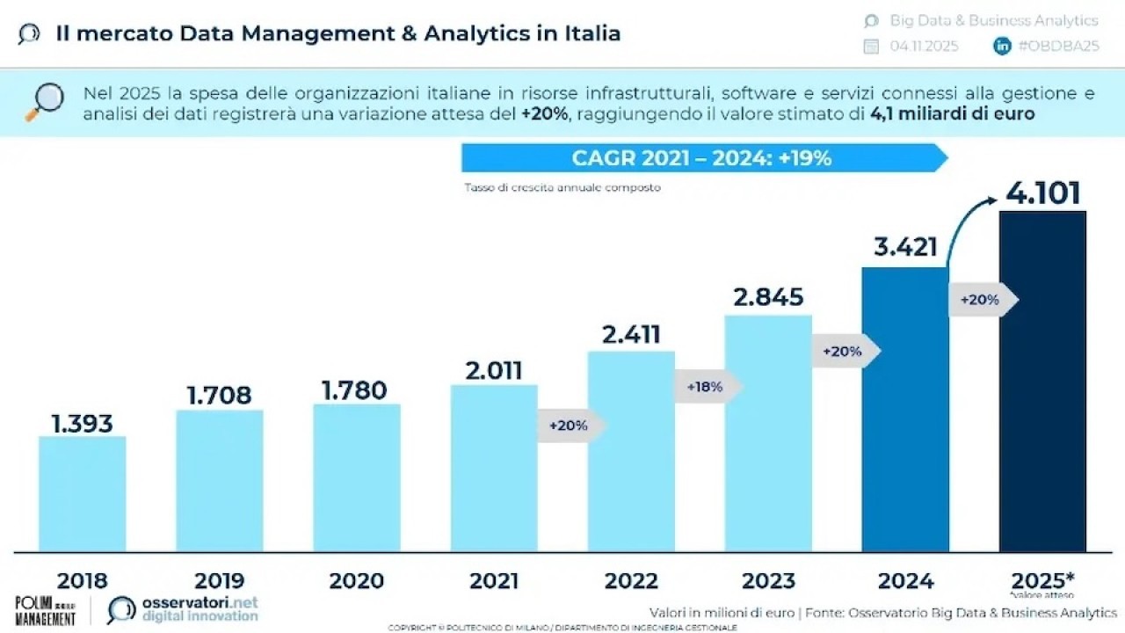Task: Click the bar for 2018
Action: coord(83,493)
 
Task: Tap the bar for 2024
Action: coord(905,409)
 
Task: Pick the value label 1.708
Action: coord(219,395)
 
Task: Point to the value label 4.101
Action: coord(1042,193)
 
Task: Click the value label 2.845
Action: coord(768,297)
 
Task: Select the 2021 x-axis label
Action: coord(494,580)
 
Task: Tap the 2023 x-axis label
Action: coord(768,580)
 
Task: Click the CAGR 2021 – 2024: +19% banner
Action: coord(703,158)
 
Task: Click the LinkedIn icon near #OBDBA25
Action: coord(1002,47)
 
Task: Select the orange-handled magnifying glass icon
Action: coord(44,101)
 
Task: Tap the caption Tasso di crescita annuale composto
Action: coord(562,187)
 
